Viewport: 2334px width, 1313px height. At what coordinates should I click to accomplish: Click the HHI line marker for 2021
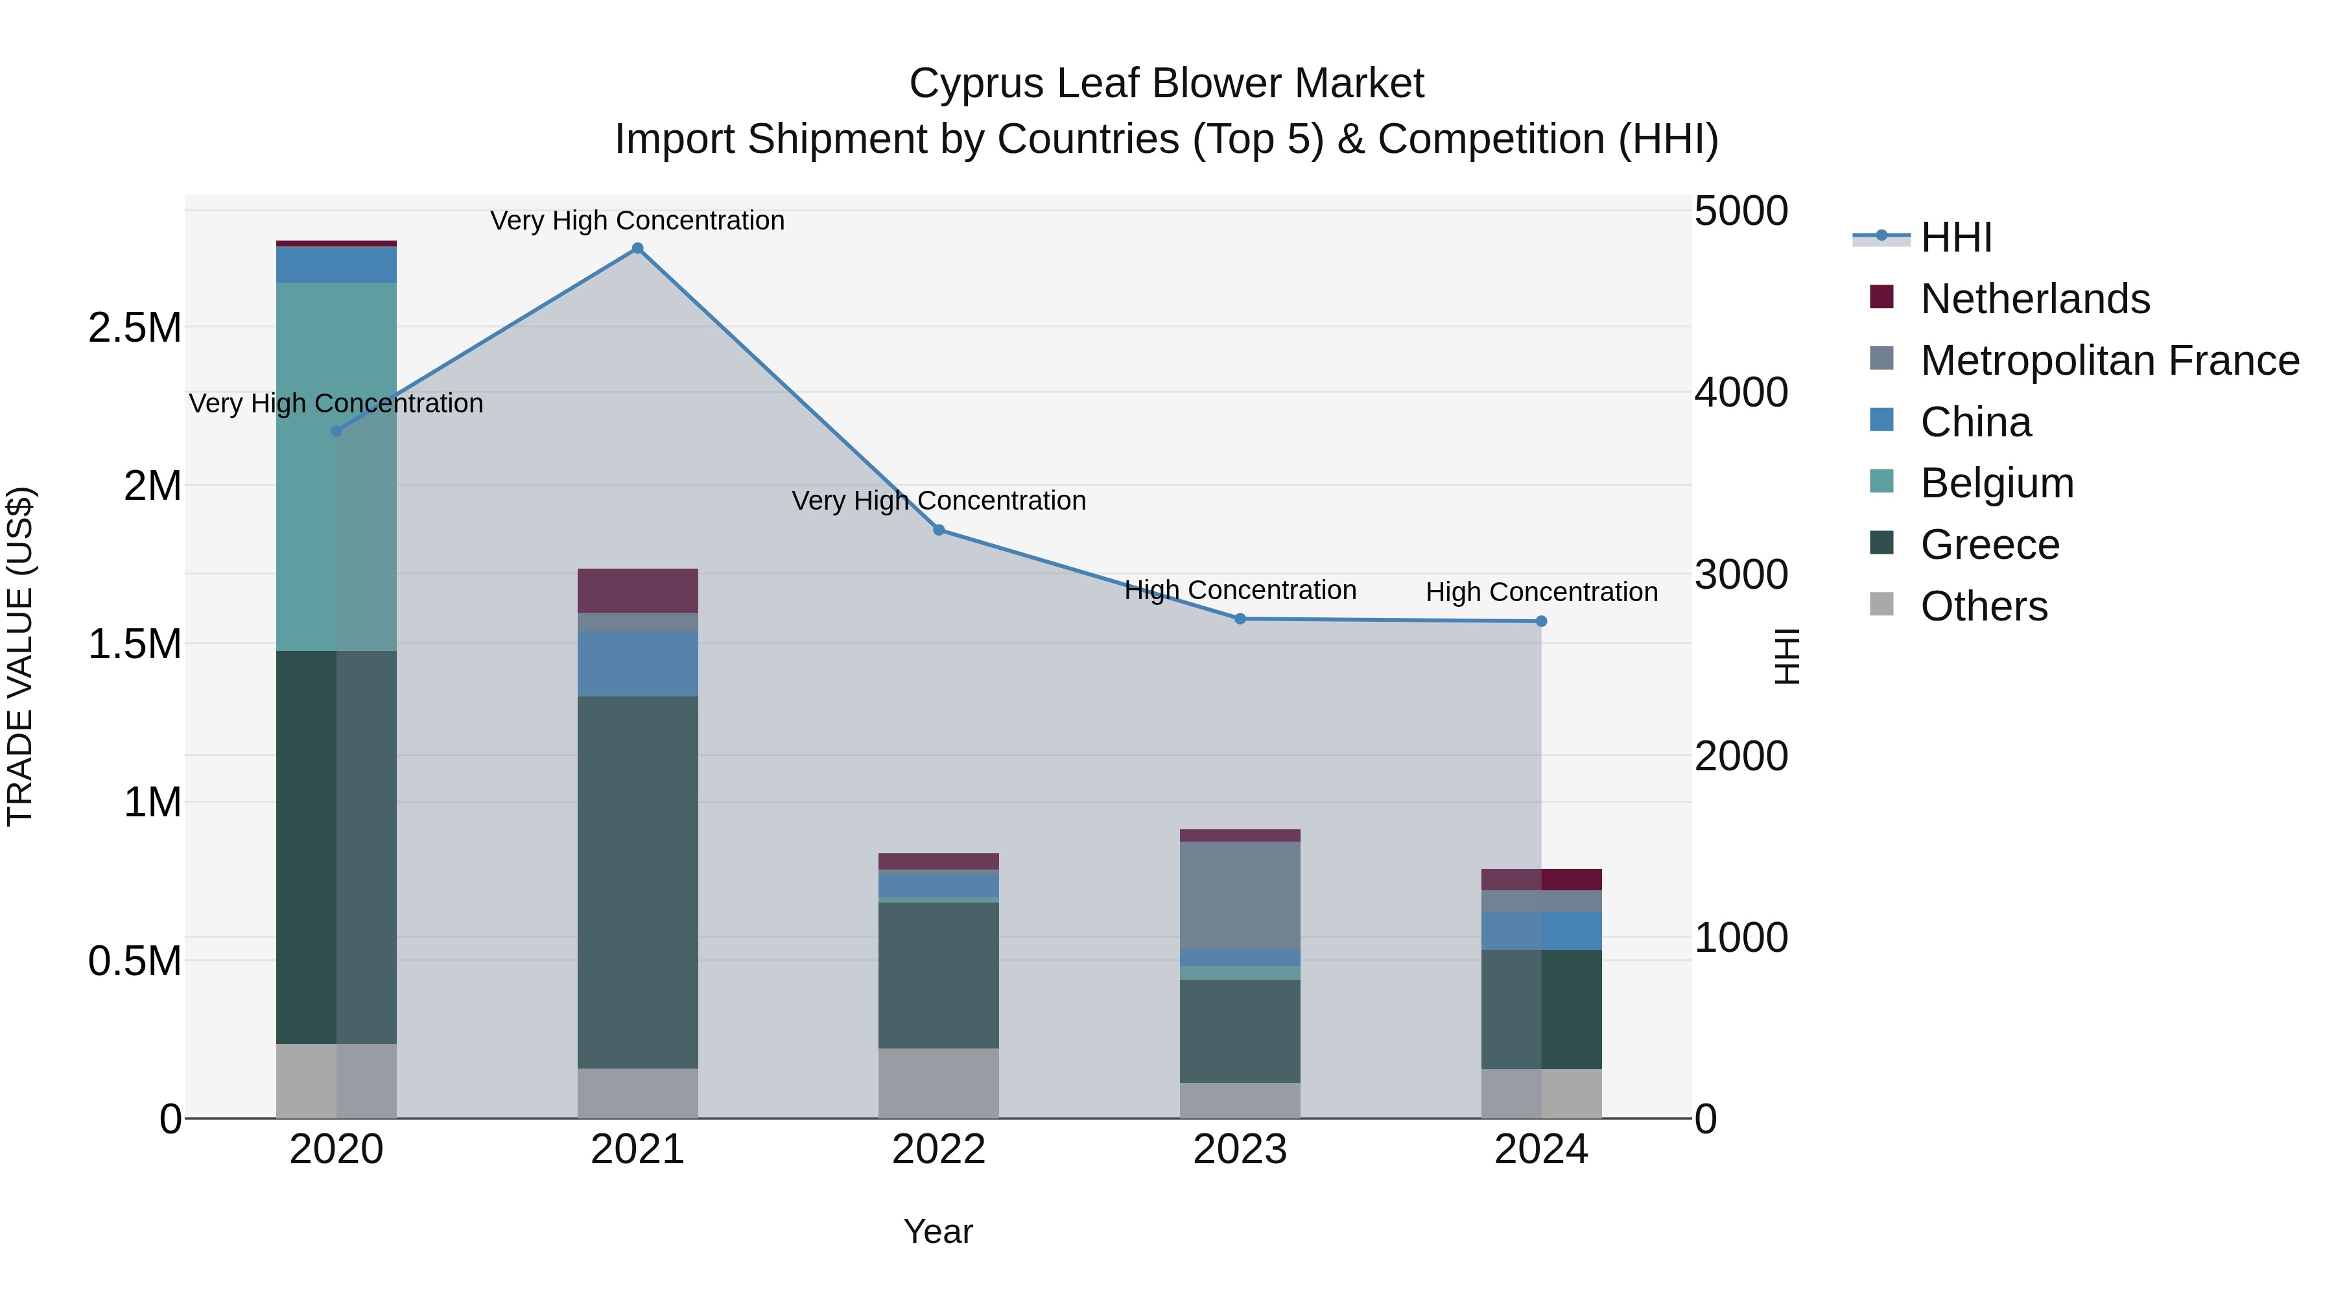(638, 248)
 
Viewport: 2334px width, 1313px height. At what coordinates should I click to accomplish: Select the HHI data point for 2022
(939, 530)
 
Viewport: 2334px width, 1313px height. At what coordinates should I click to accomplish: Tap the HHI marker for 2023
(1240, 619)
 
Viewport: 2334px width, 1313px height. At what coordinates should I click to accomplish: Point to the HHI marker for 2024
(1541, 622)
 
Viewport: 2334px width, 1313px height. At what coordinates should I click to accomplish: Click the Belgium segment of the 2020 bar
(336, 467)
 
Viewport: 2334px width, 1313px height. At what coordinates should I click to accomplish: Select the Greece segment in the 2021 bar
(638, 882)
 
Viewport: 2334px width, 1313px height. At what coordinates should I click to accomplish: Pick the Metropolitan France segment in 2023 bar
(1240, 895)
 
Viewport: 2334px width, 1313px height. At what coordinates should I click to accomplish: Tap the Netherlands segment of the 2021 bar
(638, 591)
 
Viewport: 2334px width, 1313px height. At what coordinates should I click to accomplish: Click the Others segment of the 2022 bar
(939, 1083)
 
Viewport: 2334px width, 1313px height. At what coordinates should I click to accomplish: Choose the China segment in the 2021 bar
(638, 663)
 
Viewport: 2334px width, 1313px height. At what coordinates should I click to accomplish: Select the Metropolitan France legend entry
(2109, 361)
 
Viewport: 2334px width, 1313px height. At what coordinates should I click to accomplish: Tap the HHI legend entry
(1955, 237)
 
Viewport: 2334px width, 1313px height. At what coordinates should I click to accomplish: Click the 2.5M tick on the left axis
(135, 327)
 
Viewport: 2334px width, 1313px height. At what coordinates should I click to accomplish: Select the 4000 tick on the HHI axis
(1741, 392)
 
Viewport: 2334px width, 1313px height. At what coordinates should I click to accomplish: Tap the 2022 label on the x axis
(939, 1150)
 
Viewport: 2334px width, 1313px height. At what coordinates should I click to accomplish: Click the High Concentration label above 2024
(1541, 592)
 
